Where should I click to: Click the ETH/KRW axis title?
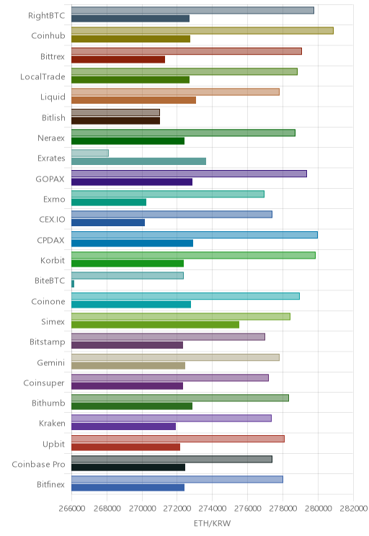[x=212, y=523]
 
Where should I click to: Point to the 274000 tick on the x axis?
[x=212, y=509]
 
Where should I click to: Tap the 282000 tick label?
[x=353, y=509]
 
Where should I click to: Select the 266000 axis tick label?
[x=72, y=509]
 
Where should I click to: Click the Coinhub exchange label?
[x=48, y=35]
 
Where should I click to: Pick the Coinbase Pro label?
[x=38, y=464]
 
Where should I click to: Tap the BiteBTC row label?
[x=50, y=281]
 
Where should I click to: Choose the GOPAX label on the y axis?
[x=50, y=179]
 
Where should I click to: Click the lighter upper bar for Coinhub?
[x=203, y=31]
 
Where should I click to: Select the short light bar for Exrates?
[x=90, y=153]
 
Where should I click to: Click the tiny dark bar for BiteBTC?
[x=73, y=284]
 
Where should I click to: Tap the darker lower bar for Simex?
[x=155, y=324]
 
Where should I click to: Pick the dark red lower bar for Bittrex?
[x=118, y=60]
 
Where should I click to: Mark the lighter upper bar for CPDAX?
[x=195, y=235]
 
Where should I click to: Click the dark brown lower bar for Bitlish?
[x=115, y=120]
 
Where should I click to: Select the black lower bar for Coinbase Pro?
[x=128, y=468]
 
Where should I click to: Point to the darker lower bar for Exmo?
[x=109, y=202]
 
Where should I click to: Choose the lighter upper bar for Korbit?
[x=194, y=255]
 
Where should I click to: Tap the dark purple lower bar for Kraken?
[x=123, y=426]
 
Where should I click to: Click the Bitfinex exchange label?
[x=50, y=484]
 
